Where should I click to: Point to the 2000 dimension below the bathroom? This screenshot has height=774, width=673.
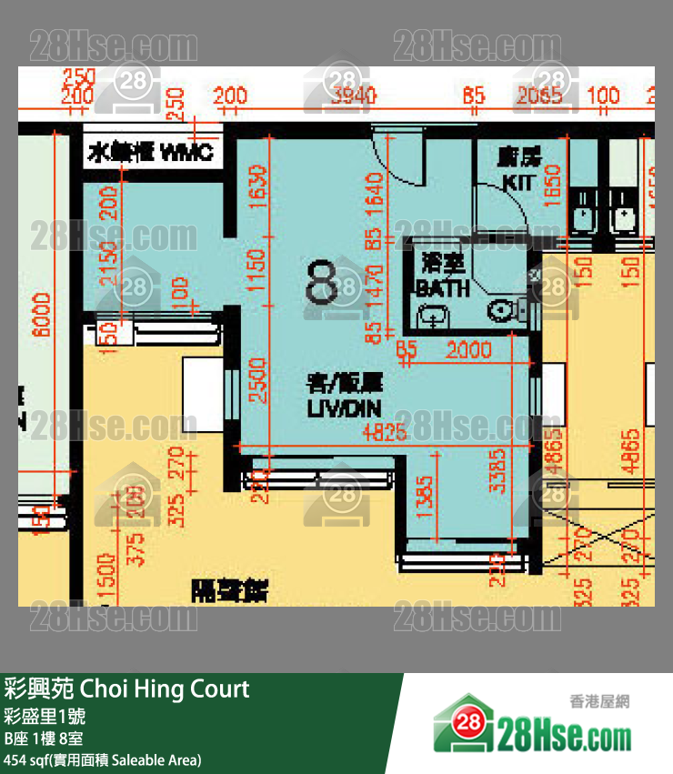[x=470, y=349]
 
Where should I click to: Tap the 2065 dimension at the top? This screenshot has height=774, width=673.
[x=541, y=95]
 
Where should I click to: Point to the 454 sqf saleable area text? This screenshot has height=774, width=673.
[x=102, y=759]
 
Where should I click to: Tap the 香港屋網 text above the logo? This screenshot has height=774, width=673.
[x=599, y=702]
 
